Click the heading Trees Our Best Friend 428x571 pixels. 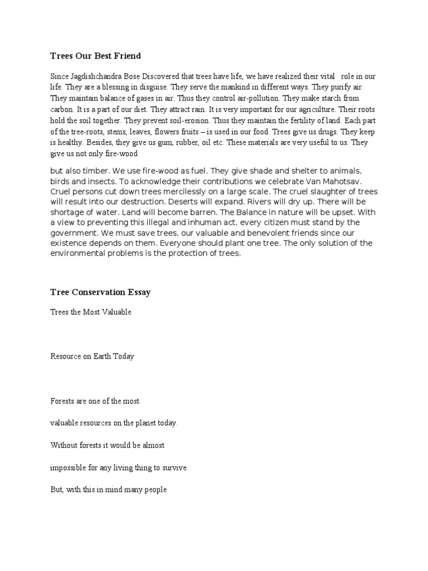[x=95, y=56]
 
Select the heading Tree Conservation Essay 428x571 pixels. [x=100, y=292]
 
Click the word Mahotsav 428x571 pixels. [x=343, y=181]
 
